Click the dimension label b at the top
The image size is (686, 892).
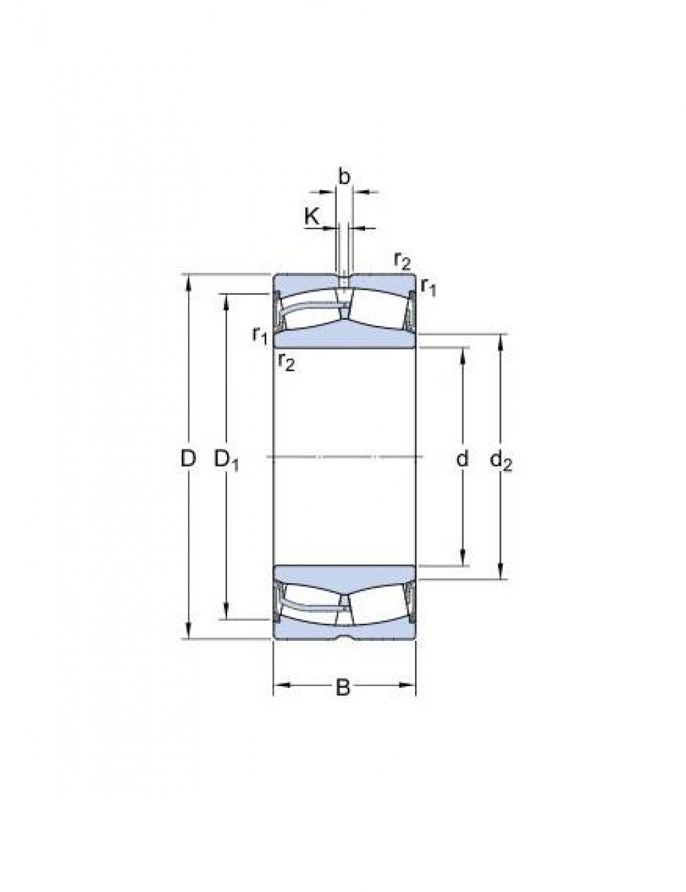click(x=344, y=176)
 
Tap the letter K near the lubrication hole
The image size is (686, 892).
click(x=312, y=216)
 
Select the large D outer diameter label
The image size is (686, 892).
click(x=189, y=458)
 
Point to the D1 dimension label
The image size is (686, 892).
click(x=226, y=460)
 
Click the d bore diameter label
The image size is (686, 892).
click(x=462, y=458)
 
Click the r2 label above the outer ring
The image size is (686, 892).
click(x=402, y=261)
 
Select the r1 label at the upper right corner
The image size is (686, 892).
click(x=428, y=287)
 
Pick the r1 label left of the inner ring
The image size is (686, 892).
click(x=260, y=336)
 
